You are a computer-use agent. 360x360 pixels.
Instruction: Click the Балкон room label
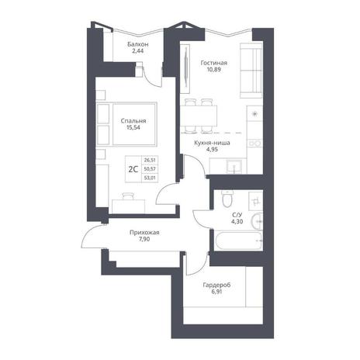138,44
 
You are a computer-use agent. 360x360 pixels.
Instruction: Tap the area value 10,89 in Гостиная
214,69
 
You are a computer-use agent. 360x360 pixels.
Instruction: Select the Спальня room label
133,121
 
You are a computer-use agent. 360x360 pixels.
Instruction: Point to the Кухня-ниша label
212,143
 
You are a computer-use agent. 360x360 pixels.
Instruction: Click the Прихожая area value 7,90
144,239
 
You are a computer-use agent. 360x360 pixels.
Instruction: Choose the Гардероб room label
216,285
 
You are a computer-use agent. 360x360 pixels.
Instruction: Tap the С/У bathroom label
237,215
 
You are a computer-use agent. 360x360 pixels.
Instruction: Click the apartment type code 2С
133,169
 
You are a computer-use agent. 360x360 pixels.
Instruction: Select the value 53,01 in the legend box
150,178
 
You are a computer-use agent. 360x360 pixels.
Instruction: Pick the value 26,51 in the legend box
150,161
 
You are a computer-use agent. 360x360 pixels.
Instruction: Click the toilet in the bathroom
228,199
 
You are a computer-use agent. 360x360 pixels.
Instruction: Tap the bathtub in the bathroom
238,241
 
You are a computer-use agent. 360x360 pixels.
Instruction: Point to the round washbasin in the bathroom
257,221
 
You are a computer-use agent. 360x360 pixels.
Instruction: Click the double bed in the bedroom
126,124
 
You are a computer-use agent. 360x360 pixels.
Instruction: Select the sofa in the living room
251,71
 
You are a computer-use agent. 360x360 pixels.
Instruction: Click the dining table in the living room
199,116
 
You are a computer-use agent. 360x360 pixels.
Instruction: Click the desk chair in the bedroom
128,196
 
